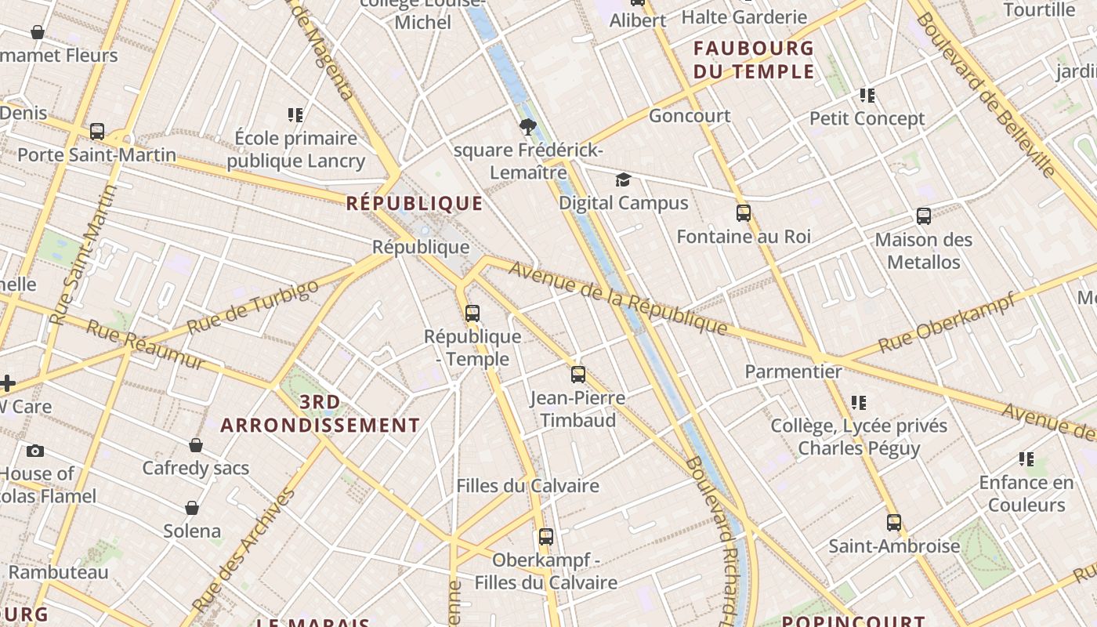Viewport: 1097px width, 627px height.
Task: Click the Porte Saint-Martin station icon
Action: pos(97,131)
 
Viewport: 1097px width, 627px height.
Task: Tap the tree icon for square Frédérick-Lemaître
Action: pos(528,126)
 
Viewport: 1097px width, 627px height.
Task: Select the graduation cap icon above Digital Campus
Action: pos(623,180)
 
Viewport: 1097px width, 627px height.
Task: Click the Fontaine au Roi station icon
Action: pos(744,212)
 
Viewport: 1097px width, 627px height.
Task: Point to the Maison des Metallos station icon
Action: pos(924,216)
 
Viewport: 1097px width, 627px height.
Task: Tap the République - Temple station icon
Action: pos(472,313)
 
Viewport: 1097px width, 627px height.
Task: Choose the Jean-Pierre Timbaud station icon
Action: pos(578,375)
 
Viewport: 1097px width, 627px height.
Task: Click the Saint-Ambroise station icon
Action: pos(894,523)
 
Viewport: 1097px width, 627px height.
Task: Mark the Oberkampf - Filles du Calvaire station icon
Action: pos(546,537)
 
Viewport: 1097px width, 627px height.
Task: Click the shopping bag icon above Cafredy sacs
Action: pos(196,445)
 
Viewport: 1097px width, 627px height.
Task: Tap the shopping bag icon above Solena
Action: pos(192,508)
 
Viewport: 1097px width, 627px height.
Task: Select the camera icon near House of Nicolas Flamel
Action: pos(35,451)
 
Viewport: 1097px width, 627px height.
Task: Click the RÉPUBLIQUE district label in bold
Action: pos(415,204)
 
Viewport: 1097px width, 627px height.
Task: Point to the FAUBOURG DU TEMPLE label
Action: pos(754,60)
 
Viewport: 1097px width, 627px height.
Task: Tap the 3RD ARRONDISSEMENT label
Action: pos(320,414)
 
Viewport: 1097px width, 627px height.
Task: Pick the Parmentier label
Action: pos(793,371)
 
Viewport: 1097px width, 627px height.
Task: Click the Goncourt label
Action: pos(690,116)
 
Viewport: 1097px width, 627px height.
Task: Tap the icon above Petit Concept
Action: pos(867,96)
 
